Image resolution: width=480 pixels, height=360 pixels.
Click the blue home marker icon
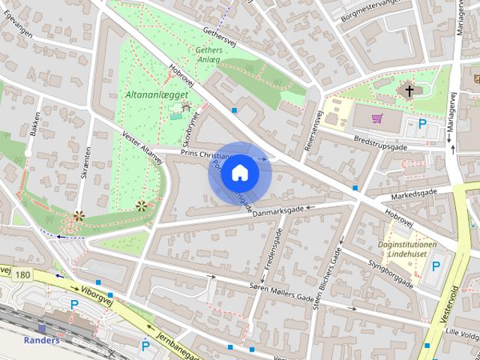click(x=239, y=172)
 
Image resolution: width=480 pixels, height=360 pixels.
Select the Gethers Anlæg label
click(x=208, y=55)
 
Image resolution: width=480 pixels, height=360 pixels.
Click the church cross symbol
click(x=409, y=91)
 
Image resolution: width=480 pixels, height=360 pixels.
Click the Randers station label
click(x=41, y=340)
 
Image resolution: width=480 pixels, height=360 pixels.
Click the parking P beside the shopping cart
click(x=423, y=124)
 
